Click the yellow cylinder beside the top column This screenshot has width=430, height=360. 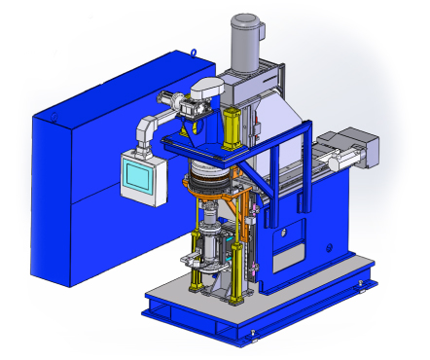point(233,127)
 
